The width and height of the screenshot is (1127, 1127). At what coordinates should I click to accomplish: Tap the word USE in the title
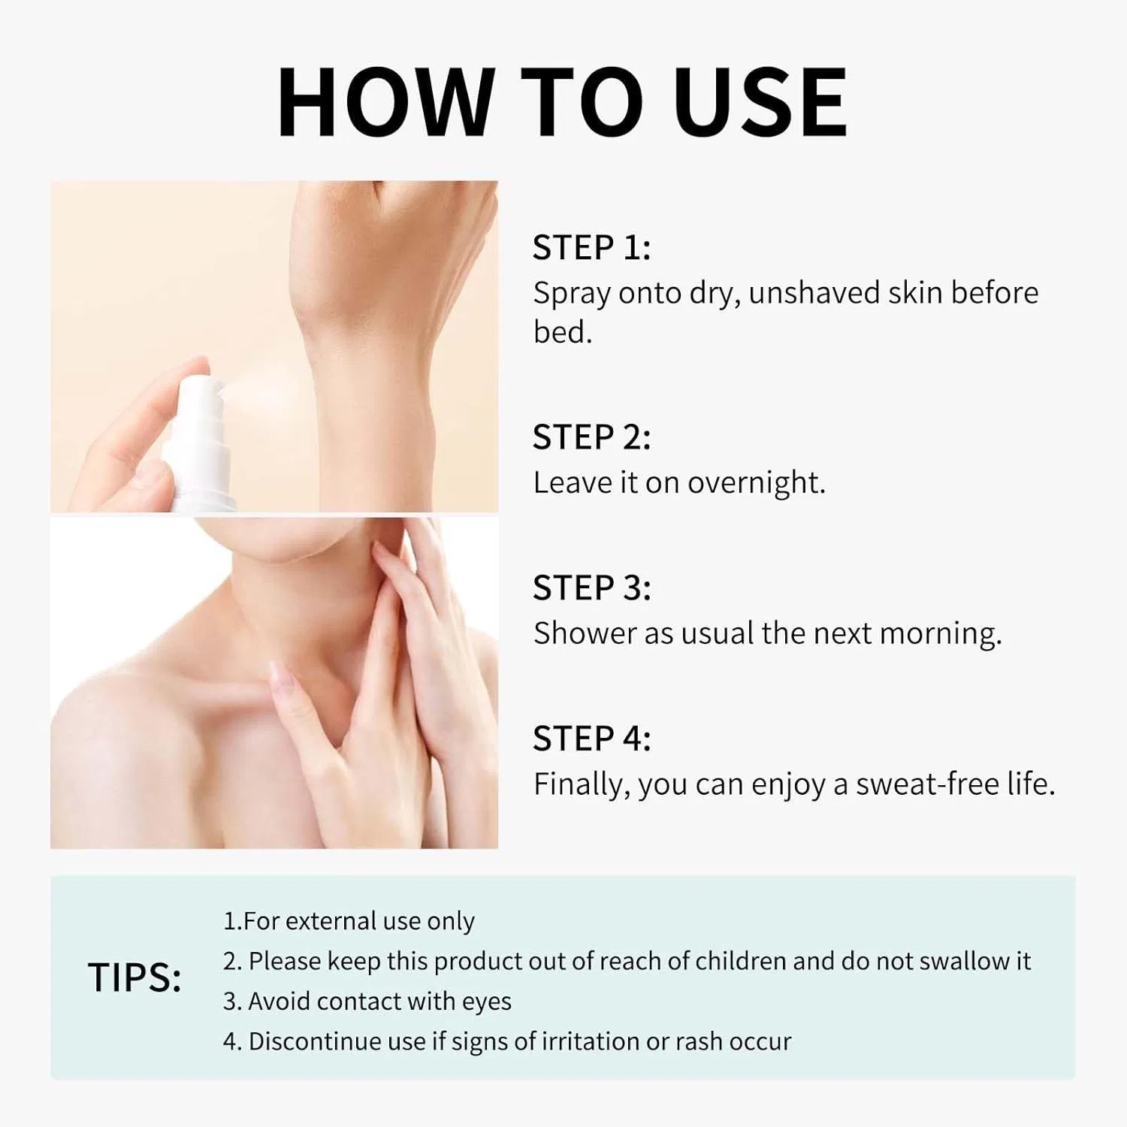point(760,102)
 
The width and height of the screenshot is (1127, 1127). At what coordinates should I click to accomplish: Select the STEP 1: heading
point(591,247)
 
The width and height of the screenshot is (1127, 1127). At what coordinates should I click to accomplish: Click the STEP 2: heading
point(591,437)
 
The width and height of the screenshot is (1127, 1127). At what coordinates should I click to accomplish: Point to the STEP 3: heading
point(591,588)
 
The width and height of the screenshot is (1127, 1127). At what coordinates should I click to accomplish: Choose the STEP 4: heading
point(591,739)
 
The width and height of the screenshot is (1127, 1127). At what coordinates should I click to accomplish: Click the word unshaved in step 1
point(814,292)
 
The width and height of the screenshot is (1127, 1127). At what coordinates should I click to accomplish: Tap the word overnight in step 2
point(756,482)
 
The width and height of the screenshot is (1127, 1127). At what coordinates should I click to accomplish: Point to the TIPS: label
point(134,977)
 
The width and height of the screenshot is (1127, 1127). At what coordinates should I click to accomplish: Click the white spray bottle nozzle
point(202,398)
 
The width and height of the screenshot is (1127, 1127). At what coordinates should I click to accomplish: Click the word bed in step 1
point(560,331)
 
